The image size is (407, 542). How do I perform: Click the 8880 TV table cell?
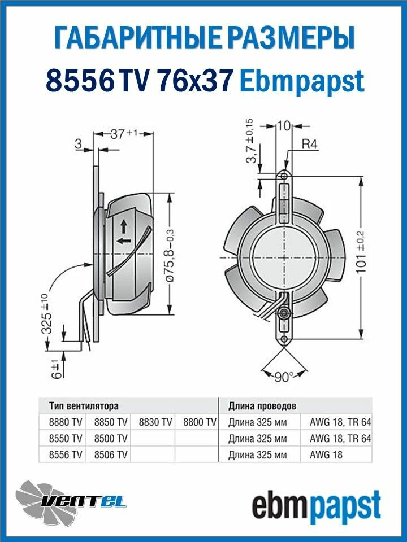66,422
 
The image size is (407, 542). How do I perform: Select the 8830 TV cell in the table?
155,422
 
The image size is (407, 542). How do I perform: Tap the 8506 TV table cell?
111,454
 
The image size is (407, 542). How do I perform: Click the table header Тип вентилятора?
84,406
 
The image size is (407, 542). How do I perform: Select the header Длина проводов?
262,406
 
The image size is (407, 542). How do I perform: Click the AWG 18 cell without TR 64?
326,454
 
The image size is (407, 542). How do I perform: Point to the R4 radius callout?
309,144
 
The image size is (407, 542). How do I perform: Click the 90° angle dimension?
283,377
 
